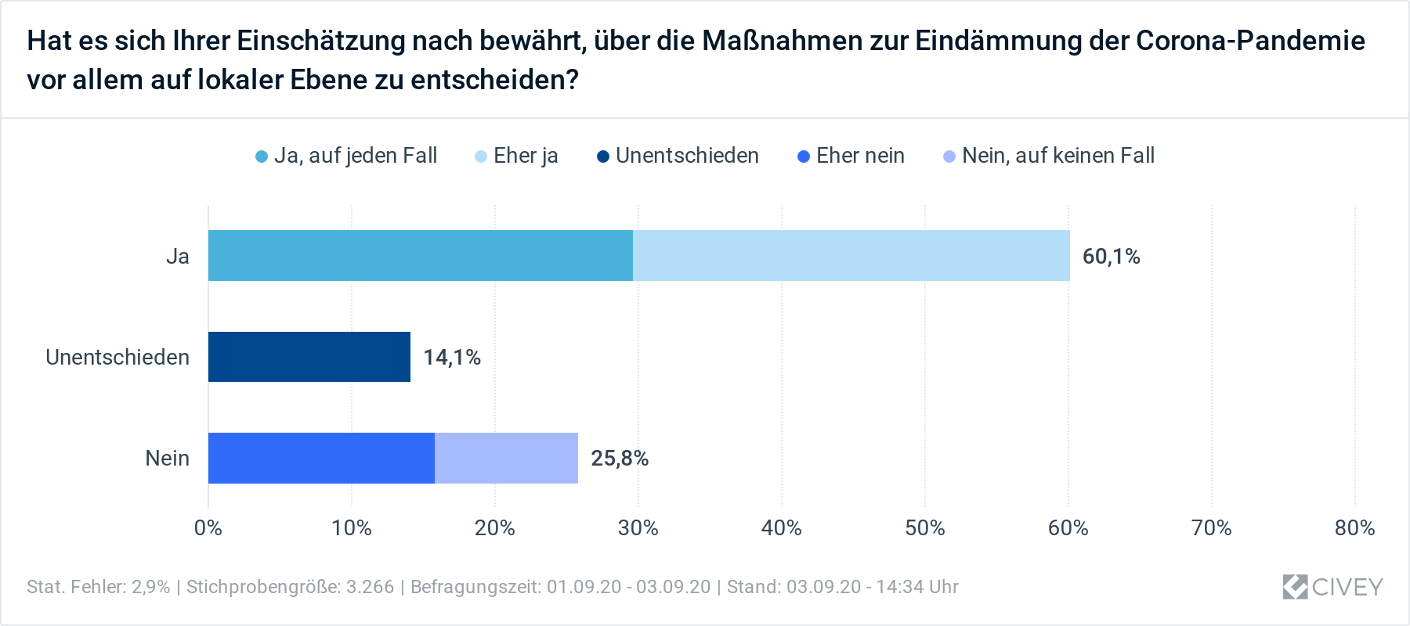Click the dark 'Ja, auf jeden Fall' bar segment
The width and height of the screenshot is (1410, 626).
420,256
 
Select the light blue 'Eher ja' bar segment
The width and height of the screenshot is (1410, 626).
851,256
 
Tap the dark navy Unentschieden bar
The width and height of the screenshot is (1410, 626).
309,357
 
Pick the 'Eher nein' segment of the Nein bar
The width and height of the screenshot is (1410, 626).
321,458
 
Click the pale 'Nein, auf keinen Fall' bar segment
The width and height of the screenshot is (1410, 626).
506,458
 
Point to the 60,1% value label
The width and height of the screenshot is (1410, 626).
1111,257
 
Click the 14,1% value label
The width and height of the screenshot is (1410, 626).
452,358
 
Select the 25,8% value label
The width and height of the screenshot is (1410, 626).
620,459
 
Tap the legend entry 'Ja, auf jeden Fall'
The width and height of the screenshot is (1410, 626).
347,156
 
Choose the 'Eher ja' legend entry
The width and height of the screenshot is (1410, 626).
517,156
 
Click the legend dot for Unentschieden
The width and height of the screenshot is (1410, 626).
603,156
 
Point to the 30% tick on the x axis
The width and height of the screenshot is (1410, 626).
638,528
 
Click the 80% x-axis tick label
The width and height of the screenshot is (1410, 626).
1354,528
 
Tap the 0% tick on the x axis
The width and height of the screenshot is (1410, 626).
208,528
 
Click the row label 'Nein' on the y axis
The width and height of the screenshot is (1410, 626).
167,459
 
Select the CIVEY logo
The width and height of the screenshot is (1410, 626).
1332,587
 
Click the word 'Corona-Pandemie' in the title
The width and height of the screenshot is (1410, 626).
1250,41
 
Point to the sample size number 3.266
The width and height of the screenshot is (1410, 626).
371,587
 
